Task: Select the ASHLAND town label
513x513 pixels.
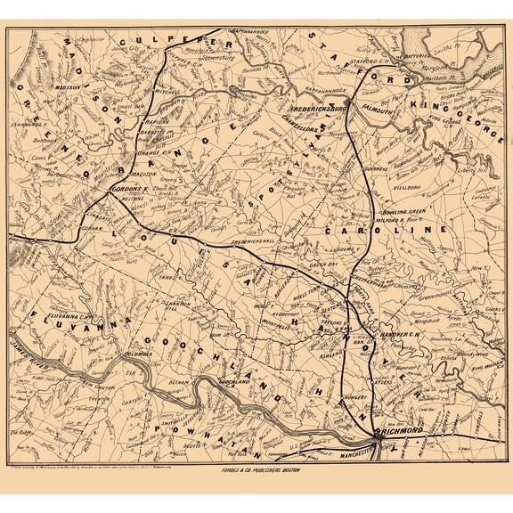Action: pyautogui.click(x=328, y=353)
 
